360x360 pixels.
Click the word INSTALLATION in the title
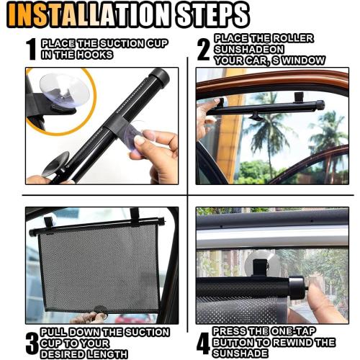coord(94,14)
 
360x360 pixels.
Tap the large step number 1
coord(31,48)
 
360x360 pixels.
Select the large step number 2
coord(204,49)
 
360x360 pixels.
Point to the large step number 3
coord(32,341)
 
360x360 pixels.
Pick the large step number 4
coord(204,342)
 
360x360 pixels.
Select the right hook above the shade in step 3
coord(135,215)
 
